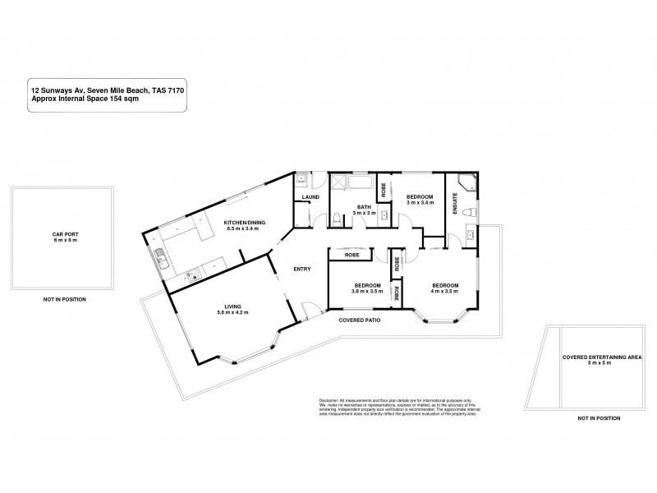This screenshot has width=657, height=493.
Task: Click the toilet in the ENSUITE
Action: (467, 212)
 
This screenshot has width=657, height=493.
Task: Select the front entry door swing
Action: (308, 310)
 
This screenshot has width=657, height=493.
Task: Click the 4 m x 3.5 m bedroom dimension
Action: (444, 292)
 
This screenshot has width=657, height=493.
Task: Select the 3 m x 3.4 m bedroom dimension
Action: (419, 202)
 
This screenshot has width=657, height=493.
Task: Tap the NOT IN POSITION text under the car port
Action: (64, 299)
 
